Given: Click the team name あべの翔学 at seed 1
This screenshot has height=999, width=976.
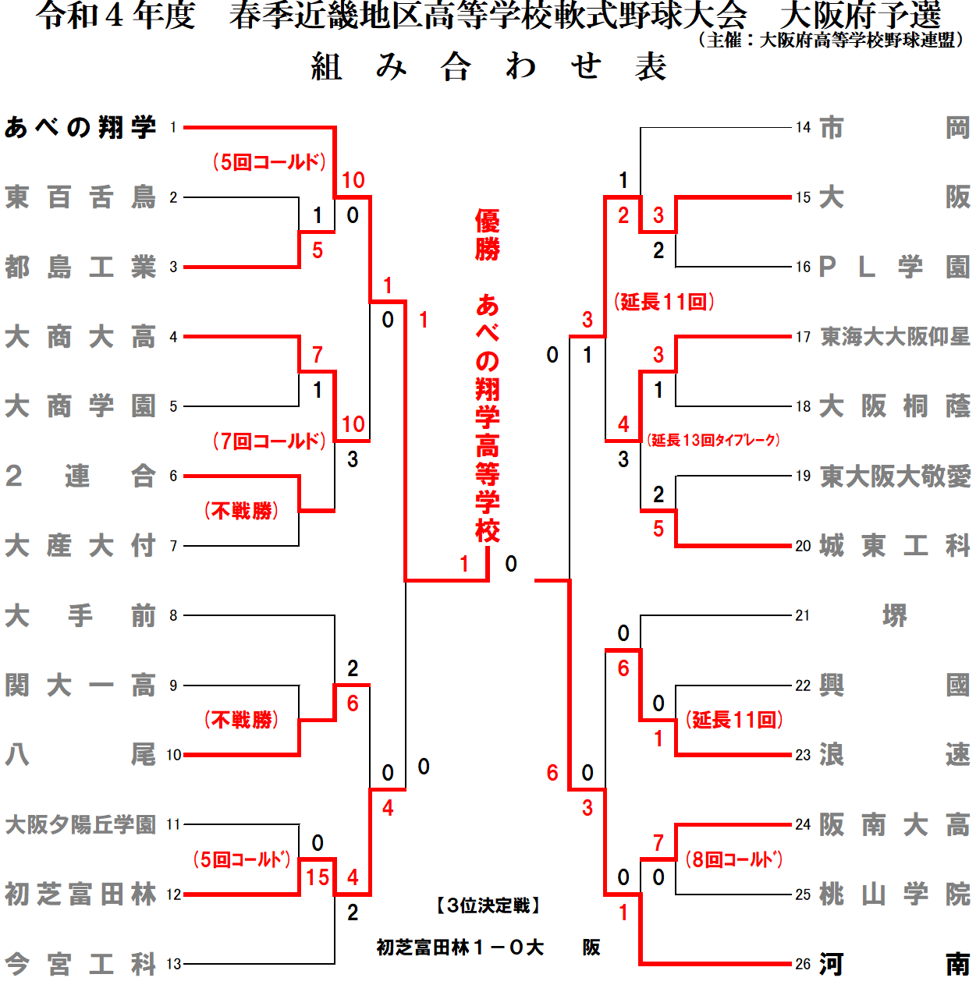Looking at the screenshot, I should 80,127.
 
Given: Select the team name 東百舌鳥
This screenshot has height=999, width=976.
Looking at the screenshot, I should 80,197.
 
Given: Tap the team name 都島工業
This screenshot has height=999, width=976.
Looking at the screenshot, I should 80,267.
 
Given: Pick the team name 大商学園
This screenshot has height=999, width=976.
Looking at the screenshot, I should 80,406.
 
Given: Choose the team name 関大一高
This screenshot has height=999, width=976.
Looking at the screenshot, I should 80,685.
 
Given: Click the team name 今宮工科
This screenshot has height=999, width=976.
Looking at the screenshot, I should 80,965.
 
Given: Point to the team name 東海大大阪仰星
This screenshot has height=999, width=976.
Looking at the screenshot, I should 895,337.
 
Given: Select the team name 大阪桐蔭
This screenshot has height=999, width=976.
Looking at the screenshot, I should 895,406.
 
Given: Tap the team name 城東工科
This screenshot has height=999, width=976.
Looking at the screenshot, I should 895,546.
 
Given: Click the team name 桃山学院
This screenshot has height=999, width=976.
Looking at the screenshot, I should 895,894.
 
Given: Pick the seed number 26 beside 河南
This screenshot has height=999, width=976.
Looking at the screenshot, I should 803,965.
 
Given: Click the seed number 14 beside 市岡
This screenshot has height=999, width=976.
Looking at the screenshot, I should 803,127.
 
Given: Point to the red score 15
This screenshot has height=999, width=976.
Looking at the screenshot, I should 318,877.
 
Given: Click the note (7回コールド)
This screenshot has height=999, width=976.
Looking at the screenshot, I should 269,441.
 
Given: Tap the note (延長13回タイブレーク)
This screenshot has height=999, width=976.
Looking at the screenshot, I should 713,441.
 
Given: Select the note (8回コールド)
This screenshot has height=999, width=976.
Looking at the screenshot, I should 734,859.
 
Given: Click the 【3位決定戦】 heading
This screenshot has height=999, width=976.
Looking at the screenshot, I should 488,905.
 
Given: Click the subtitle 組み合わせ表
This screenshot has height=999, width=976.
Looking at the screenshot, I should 488,67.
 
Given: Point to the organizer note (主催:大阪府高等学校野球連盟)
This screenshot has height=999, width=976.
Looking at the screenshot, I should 832,40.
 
